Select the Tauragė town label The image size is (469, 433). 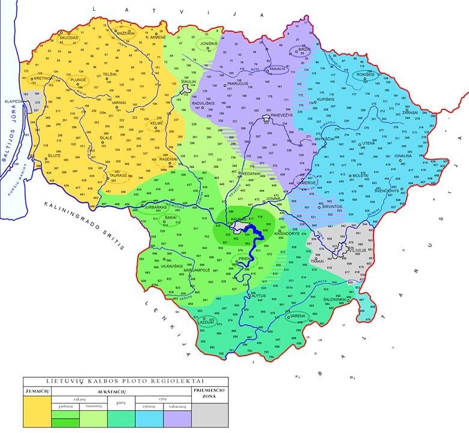point(118,176)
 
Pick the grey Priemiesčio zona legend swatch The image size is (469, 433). point(210,414)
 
